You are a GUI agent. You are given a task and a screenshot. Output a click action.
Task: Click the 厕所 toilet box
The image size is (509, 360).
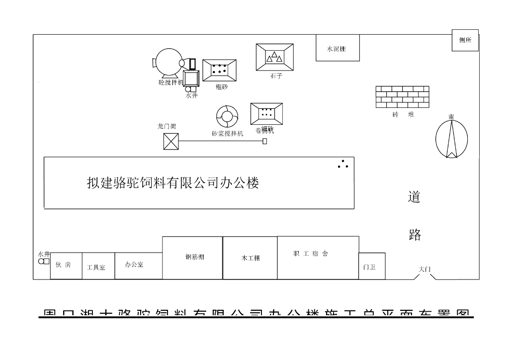(x=465, y=40)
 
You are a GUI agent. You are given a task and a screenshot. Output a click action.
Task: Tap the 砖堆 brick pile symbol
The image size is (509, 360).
(x=402, y=96)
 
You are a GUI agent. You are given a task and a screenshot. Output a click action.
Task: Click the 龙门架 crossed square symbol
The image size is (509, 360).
(x=170, y=142)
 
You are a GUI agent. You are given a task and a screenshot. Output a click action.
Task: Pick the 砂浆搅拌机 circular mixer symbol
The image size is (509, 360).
(x=227, y=117)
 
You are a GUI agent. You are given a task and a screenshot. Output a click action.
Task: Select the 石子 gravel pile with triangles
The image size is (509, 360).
(x=274, y=57)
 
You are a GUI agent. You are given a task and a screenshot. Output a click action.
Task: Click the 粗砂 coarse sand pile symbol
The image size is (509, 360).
(x=219, y=70)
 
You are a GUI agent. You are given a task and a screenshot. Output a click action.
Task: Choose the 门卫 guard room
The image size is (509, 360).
(x=371, y=266)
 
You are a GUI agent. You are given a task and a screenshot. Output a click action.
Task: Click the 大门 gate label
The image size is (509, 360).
(x=424, y=269)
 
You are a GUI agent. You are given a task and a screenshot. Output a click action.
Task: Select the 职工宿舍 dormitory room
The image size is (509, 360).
(x=318, y=258)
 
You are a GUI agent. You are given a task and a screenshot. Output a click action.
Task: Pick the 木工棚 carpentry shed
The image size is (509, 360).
(x=250, y=258)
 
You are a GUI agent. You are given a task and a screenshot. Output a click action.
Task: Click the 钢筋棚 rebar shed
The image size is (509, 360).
(x=192, y=258)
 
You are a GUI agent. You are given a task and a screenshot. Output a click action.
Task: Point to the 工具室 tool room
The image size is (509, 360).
(x=98, y=266)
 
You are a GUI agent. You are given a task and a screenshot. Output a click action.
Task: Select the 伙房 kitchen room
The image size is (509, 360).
(x=66, y=266)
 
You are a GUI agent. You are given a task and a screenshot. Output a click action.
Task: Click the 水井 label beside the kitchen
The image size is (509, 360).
(x=44, y=254)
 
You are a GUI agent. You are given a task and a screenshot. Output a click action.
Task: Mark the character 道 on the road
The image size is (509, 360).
(x=414, y=197)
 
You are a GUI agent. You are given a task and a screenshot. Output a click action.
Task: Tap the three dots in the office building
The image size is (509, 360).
(x=343, y=164)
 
